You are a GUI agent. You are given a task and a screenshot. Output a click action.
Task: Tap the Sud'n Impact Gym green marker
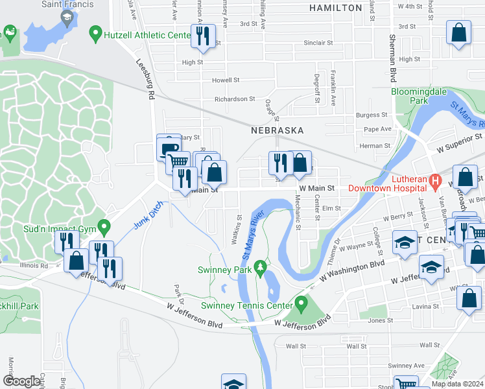[102, 228]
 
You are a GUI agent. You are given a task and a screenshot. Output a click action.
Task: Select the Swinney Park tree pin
[259, 268]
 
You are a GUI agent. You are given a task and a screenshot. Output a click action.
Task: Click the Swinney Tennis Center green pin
[301, 303]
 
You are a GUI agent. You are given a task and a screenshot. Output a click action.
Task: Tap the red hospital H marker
[436, 181]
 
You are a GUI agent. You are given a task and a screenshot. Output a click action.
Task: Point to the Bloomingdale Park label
[419, 96]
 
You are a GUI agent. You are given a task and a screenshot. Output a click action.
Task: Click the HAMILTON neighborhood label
[335, 8]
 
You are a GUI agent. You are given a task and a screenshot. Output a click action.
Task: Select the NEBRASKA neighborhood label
[278, 130]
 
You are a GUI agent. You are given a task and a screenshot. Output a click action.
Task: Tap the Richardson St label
[235, 99]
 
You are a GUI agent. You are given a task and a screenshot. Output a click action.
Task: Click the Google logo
[21, 381]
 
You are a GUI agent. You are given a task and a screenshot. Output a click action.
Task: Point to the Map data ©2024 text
[456, 384]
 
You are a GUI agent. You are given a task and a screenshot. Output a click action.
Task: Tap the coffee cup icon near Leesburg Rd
[169, 148]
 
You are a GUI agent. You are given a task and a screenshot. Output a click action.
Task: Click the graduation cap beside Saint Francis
[67, 18]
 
